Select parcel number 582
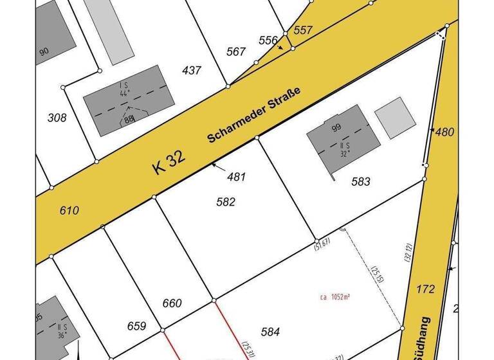coord(226,202)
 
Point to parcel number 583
coord(361,182)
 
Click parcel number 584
coord(270,332)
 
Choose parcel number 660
coord(172,303)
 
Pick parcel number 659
coord(136,326)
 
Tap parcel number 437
coord(192,70)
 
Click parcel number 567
coord(236,51)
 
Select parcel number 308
coord(57,118)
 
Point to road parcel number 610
coord(69,210)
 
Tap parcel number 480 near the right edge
coord(444,132)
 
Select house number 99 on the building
coord(336,128)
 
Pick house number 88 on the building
coord(129,118)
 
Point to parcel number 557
coord(303,30)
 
